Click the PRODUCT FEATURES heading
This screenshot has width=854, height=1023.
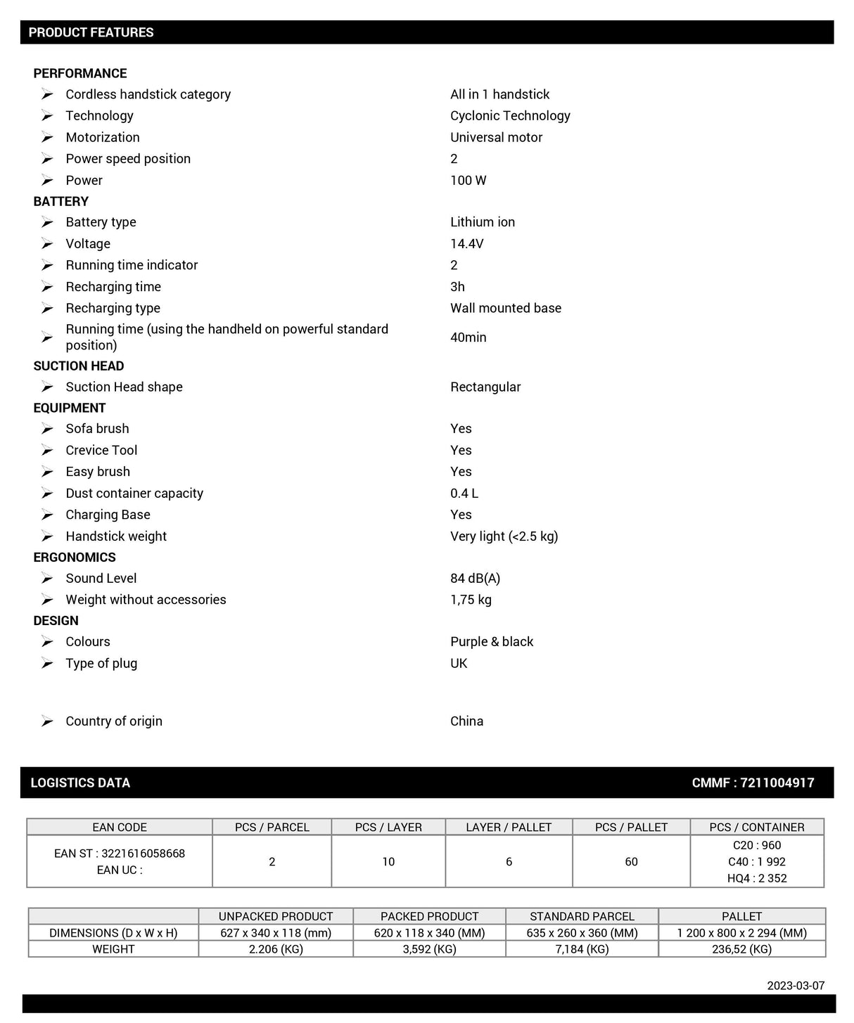91,32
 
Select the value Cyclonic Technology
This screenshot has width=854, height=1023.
510,116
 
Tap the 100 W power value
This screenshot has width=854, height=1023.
468,181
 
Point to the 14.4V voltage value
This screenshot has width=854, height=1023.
466,244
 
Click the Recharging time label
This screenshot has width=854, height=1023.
113,287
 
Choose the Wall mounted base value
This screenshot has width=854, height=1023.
505,308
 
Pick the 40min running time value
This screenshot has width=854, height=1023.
468,337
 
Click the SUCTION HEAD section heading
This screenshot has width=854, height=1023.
79,366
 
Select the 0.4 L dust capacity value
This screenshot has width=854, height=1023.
464,494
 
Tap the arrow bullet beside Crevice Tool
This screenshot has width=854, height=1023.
47,450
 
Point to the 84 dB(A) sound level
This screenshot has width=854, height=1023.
475,579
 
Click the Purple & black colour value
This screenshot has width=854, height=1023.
491,642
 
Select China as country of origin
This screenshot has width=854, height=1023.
466,721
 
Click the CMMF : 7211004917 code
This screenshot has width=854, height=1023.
753,783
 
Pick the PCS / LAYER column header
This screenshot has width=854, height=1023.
388,828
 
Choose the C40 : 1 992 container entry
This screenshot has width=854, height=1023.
756,862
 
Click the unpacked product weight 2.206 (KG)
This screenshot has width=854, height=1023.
275,949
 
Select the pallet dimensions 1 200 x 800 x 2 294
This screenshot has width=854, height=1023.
741,933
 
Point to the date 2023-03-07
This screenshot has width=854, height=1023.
796,986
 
